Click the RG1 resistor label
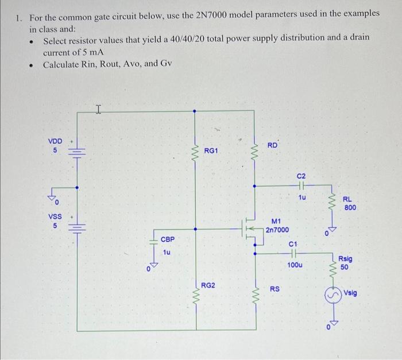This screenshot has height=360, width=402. point(211,150)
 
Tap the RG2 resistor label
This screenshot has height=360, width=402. point(208,285)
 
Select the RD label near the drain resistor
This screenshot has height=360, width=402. point(272,145)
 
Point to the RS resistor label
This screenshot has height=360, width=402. point(275,288)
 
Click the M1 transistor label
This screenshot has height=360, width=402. point(276,220)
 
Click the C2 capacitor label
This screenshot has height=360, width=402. point(302,175)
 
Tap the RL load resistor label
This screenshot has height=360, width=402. point(347,199)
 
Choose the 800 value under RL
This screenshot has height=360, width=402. point(350,207)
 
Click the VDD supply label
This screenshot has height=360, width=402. point(55,140)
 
